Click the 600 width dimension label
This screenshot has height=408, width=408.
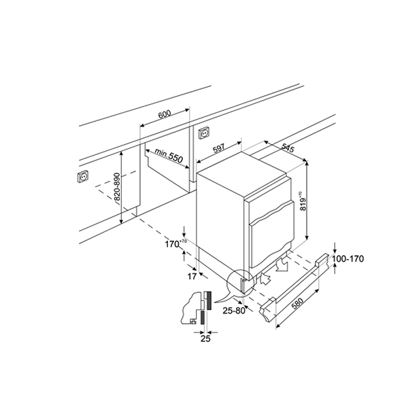coord(165,114)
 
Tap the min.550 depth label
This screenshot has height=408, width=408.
coord(169,155)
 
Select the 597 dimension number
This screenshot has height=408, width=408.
coord(219,148)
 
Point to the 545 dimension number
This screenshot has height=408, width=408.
coord(288,148)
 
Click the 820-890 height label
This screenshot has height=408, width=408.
coord(117,187)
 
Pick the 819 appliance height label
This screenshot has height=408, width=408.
coord(303,201)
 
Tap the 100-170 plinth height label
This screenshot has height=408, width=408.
coord(348,258)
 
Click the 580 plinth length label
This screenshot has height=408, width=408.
coord(297,303)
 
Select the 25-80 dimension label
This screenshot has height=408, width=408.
coord(234,311)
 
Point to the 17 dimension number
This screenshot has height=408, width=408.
coord(192,276)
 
